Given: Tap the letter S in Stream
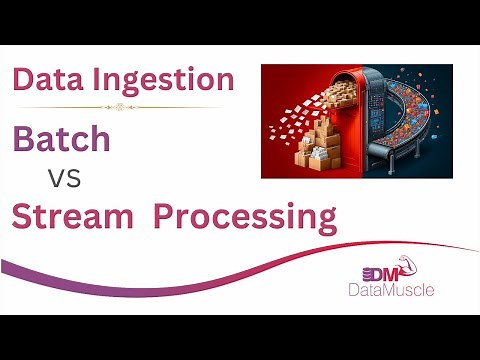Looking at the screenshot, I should click(x=24, y=216).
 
